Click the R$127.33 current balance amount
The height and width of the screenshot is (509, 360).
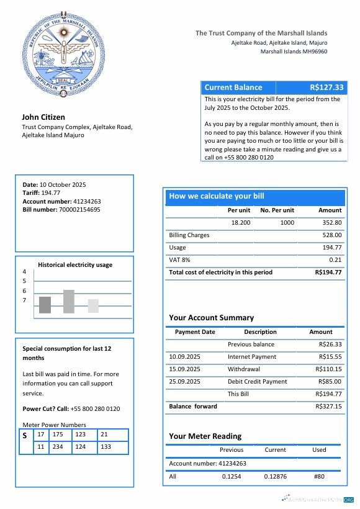click(326, 88)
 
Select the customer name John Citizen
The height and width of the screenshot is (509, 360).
click(43, 117)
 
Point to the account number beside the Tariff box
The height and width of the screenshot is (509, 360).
click(78, 201)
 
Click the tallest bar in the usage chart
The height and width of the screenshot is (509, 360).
click(68, 301)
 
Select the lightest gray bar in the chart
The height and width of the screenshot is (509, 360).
click(92, 306)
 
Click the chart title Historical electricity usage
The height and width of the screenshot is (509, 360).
click(75, 264)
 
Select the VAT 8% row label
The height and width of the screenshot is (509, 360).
click(179, 260)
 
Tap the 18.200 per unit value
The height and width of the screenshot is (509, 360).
click(240, 222)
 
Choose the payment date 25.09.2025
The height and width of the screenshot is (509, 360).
click(184, 382)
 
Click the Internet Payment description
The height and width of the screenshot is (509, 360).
click(252, 357)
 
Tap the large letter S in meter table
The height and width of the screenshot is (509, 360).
click(25, 436)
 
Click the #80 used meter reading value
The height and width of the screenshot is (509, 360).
click(319, 477)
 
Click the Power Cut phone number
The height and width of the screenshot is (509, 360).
click(95, 409)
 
